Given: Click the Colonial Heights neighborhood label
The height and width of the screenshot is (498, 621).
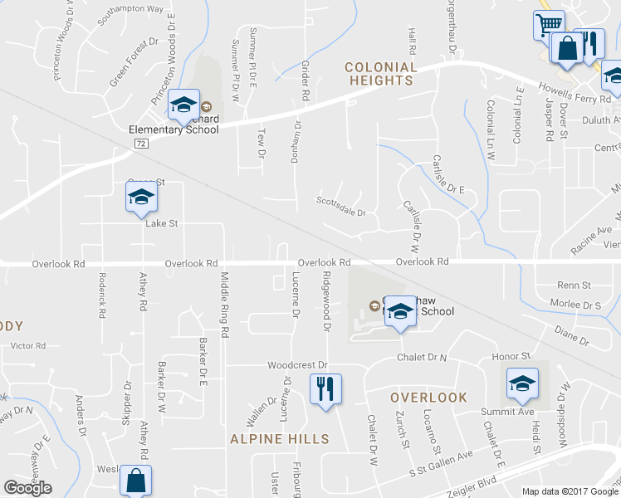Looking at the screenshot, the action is point(380,73).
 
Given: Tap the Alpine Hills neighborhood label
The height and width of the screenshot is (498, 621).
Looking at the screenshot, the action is point(279,439).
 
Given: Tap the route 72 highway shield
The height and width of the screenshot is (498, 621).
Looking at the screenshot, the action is point(142,144).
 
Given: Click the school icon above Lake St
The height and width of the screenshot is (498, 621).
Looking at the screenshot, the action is point(141,197).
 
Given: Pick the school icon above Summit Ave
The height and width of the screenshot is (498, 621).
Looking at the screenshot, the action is point(521,383).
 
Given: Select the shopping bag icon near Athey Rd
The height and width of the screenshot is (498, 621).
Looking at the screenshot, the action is point(135,482).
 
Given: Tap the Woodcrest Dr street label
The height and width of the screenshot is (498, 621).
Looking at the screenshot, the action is point(298,365).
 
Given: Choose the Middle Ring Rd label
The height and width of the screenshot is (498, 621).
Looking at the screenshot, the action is point(224,303).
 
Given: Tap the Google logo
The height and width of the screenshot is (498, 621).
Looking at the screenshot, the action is point(27,488).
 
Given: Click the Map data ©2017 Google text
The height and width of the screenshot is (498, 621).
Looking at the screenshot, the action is point(570,491).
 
